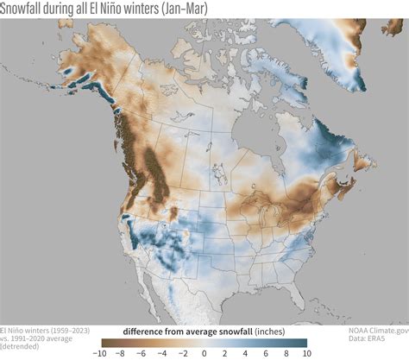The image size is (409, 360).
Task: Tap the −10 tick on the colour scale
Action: click(100, 352)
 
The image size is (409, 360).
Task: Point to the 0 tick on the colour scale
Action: click(204, 352)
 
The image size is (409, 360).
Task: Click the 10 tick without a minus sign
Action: click(305, 352)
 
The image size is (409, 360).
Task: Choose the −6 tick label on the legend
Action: click(142, 352)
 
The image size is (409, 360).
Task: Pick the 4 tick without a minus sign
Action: click(245, 352)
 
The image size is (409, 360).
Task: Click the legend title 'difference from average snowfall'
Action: click(185, 331)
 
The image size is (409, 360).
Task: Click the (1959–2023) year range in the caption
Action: click(72, 331)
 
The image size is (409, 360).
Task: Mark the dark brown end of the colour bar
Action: click(104, 342)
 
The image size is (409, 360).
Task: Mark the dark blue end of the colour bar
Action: click(304, 342)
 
